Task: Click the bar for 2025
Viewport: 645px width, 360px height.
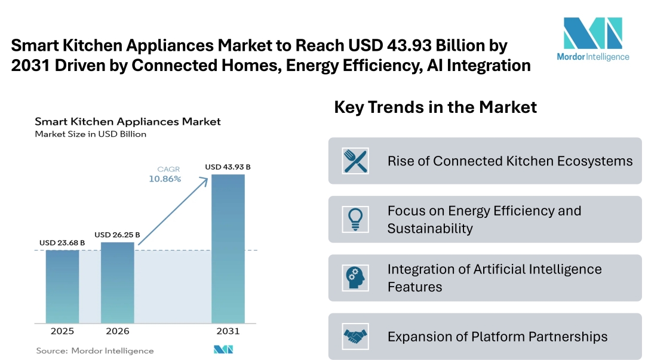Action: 62,287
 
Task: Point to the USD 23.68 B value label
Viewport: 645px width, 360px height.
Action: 62,243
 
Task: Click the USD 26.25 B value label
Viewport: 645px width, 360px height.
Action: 117,235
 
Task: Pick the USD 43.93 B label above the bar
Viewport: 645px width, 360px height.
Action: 228,167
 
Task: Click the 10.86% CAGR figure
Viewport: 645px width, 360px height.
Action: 164,179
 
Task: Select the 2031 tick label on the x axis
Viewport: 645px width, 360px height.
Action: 228,331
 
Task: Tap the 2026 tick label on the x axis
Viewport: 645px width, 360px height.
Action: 117,331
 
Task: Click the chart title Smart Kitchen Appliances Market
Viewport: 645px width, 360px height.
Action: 128,122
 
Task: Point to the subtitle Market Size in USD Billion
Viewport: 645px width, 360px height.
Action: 90,134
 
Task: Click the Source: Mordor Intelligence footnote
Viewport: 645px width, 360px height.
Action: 95,351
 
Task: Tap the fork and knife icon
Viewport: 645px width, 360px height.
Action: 355,161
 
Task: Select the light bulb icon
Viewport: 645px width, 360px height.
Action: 355,219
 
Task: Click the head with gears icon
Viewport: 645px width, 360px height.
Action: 355,278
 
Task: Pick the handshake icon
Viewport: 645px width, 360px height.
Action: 355,337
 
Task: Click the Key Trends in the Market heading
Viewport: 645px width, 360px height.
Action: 435,107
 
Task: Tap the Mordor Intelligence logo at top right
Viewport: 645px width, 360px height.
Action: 592,39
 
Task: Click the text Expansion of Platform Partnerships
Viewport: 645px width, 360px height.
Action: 497,337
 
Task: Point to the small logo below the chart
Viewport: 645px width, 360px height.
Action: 223,350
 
